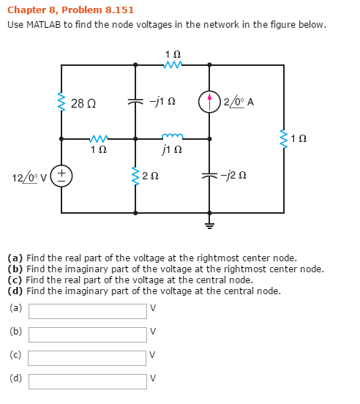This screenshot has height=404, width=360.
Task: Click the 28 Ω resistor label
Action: pos(83,103)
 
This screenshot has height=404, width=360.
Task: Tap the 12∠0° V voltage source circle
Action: pos(61,176)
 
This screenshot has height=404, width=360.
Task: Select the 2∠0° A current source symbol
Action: pos(209,102)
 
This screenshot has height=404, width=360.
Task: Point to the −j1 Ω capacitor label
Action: pos(162,102)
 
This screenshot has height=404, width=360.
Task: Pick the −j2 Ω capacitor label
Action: pos(233,176)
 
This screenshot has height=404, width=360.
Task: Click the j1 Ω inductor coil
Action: pos(173,136)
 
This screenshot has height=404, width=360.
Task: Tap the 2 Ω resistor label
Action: pos(151,176)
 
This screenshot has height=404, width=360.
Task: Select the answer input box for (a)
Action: pos(88,311)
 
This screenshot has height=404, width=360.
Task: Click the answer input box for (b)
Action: pos(88,334)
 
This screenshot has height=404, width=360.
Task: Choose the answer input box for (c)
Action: pos(87,358)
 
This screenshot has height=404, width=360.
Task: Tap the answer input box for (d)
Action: pos(88,381)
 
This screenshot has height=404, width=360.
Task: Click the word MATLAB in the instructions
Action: pos(43,25)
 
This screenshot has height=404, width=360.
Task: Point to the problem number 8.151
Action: pos(120,10)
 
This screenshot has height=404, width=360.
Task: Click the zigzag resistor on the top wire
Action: pos(173,64)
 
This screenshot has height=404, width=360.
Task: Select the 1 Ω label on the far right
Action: pos(299,138)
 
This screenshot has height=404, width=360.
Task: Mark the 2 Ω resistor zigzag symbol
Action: pos(135,176)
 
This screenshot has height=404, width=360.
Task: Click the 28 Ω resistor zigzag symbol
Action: pos(61,102)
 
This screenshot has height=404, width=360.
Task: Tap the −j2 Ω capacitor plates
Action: pos(209,176)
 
